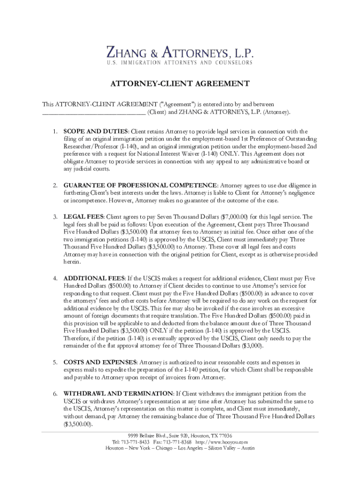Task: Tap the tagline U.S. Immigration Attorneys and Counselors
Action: (x=180, y=63)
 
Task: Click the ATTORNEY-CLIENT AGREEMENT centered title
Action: (x=180, y=84)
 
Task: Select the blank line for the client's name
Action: (x=94, y=112)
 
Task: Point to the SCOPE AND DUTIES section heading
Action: (x=96, y=131)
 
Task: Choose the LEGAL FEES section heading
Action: (x=84, y=217)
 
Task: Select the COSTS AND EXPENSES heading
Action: (x=100, y=362)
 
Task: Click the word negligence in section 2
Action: (x=299, y=193)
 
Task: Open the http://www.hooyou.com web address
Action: (x=222, y=442)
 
